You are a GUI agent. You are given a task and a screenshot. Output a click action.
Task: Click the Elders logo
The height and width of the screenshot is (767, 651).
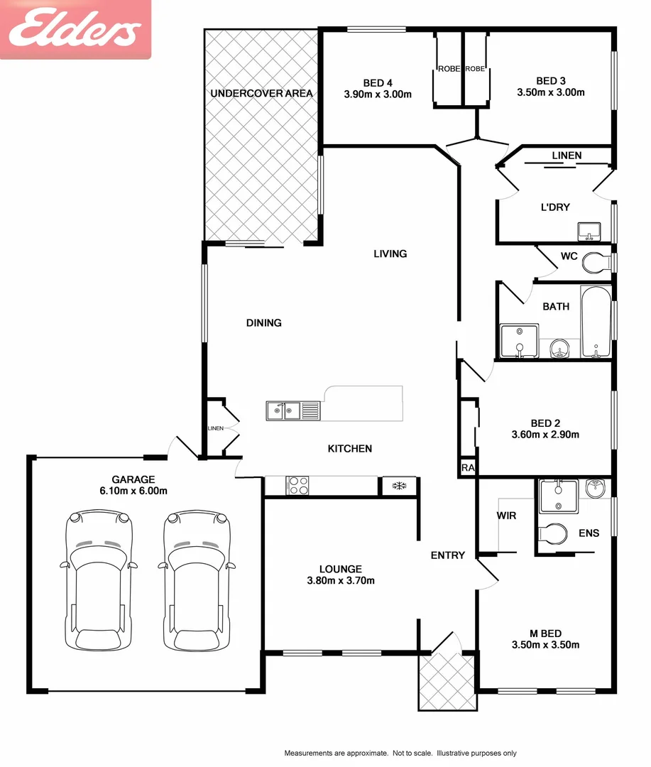(x=75, y=30)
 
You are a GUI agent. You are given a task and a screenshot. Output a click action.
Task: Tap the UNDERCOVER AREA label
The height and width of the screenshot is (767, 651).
(x=261, y=93)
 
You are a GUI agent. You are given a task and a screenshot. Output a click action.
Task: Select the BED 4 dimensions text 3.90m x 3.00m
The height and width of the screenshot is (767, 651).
(x=378, y=94)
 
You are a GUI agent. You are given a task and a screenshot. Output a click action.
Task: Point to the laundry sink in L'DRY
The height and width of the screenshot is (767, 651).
(x=589, y=231)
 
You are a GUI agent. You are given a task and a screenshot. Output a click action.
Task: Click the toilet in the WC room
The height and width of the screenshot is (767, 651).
(x=595, y=263)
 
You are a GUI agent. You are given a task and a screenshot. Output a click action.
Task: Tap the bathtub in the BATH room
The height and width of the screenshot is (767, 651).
(x=595, y=322)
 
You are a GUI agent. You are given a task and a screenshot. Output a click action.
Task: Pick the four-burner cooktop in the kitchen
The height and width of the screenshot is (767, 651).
(x=297, y=486)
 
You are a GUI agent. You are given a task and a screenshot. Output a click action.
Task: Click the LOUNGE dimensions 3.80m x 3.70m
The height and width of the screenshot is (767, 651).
(x=341, y=580)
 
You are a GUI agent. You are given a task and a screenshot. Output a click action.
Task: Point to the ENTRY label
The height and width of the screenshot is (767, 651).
(x=447, y=555)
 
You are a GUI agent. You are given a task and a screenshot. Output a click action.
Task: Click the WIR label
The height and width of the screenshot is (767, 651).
(x=506, y=516)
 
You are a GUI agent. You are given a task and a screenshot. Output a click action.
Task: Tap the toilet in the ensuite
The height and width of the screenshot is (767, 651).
(x=553, y=533)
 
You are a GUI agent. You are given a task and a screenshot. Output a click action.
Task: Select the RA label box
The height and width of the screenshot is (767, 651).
(x=467, y=468)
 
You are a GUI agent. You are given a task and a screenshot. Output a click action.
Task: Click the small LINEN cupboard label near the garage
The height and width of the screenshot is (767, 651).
(x=216, y=428)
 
